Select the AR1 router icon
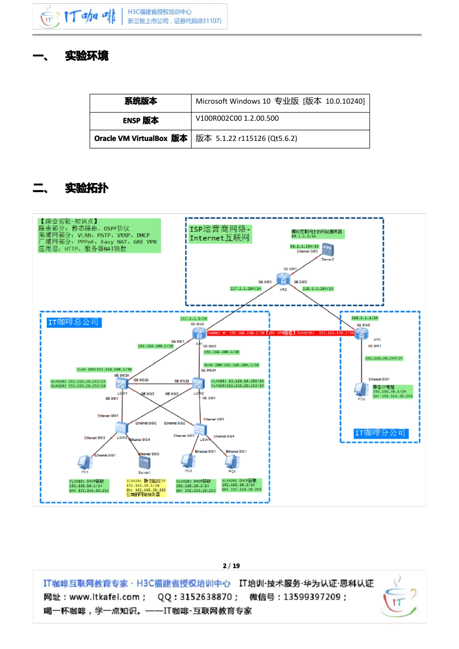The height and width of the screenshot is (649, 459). (x=199, y=334)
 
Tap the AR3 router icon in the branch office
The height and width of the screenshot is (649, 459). (x=361, y=334)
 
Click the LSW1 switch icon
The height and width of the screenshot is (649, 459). (x=121, y=384)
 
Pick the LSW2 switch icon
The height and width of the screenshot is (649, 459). (x=198, y=383)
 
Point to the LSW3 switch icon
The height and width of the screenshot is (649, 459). (x=121, y=427)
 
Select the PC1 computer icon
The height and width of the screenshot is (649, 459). (x=85, y=462)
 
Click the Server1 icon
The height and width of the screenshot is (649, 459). (x=144, y=463)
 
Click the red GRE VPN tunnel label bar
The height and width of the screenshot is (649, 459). (x=280, y=333)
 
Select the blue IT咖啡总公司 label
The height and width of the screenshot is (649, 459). (x=74, y=322)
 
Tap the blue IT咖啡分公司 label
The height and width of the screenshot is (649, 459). (x=381, y=433)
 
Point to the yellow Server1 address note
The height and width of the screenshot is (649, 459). (x=146, y=488)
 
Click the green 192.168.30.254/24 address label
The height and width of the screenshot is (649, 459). (x=384, y=358)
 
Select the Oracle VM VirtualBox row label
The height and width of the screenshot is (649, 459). (x=141, y=139)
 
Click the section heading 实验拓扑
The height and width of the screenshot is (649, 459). (x=87, y=188)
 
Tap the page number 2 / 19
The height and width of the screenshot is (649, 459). (x=231, y=565)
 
